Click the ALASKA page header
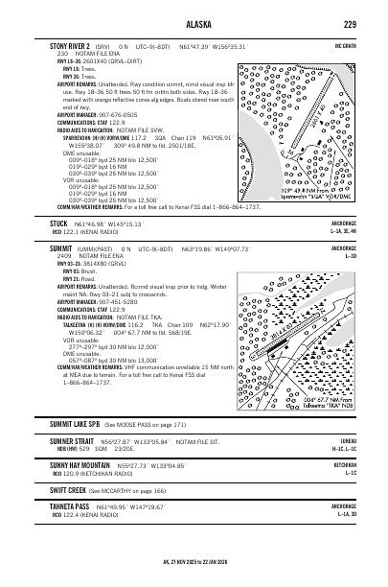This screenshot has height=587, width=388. (x=194, y=24)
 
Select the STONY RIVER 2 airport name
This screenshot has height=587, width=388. (x=69, y=45)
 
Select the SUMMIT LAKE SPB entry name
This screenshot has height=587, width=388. (x=77, y=450)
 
